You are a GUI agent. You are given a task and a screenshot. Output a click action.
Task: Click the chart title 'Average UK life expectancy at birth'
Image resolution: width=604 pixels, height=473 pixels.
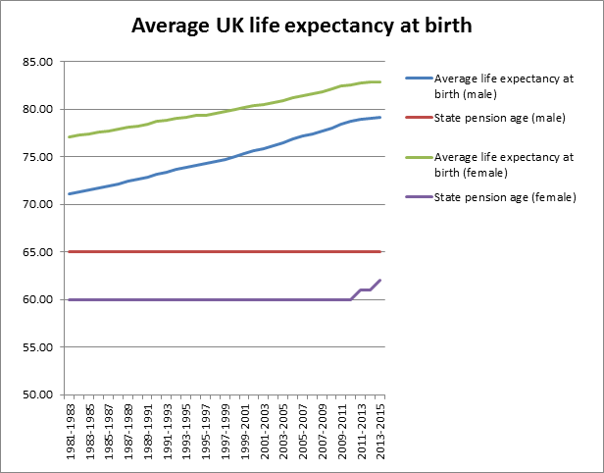[x=301, y=26]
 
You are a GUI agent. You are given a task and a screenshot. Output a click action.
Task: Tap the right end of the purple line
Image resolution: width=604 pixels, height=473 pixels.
[x=380, y=281]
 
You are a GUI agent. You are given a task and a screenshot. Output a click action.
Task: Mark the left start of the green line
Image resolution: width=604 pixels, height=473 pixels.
[x=69, y=137]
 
